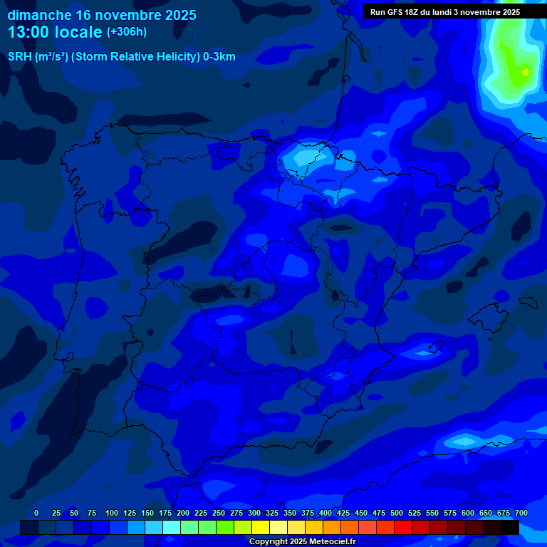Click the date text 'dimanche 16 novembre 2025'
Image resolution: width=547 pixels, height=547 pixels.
[102, 15]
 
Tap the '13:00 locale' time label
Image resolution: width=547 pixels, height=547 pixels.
[56, 32]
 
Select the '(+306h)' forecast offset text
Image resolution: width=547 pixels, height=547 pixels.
[126, 32]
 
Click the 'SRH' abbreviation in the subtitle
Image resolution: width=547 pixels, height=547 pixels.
[19, 57]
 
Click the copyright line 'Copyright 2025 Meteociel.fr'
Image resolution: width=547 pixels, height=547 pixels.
[302, 542]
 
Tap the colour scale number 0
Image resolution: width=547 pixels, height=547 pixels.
[36, 514]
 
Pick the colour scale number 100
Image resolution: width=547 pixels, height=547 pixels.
[112, 514]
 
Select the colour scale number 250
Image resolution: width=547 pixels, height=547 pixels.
[219, 514]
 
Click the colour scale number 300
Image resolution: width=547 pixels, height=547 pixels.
[254, 514]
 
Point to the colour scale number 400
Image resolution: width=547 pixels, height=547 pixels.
[325, 514]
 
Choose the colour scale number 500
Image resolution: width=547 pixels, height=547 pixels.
[397, 514]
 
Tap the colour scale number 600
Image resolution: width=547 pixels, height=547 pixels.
[468, 514]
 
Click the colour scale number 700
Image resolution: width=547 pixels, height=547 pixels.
[521, 514]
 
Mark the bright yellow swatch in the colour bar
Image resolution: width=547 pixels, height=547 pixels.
[261, 528]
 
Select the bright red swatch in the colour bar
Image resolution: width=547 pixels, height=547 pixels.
[403, 528]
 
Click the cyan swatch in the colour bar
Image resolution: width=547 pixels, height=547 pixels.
[172, 528]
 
